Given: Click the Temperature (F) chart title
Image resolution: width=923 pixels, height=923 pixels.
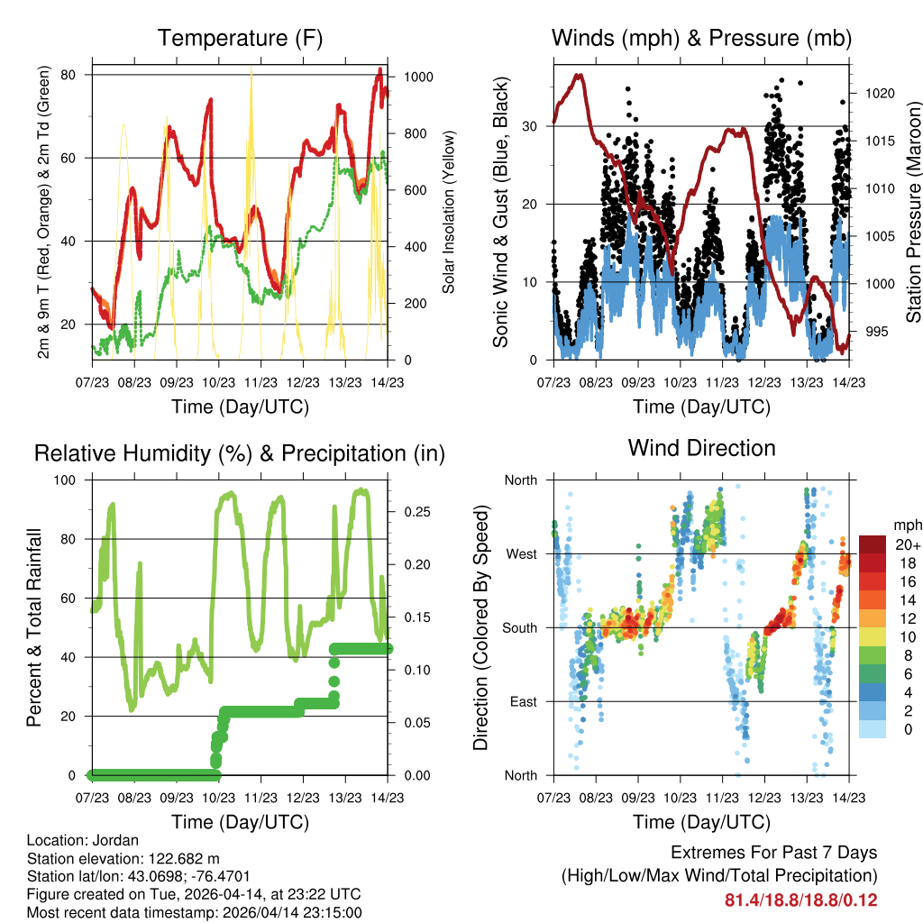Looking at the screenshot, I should [240, 38].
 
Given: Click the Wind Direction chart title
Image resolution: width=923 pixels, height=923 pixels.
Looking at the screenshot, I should [701, 447].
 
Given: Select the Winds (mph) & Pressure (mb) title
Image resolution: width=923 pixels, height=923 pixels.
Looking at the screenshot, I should [701, 38].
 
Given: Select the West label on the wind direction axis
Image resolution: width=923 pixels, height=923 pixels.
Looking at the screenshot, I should [522, 553].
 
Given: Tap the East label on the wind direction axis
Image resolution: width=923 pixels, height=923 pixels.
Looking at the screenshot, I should [523, 701].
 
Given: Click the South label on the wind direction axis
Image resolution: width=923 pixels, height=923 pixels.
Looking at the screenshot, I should [520, 627].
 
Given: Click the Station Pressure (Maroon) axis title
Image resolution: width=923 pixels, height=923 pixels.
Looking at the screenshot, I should [911, 212].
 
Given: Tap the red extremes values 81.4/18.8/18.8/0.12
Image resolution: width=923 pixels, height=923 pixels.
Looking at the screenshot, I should [800, 900].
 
